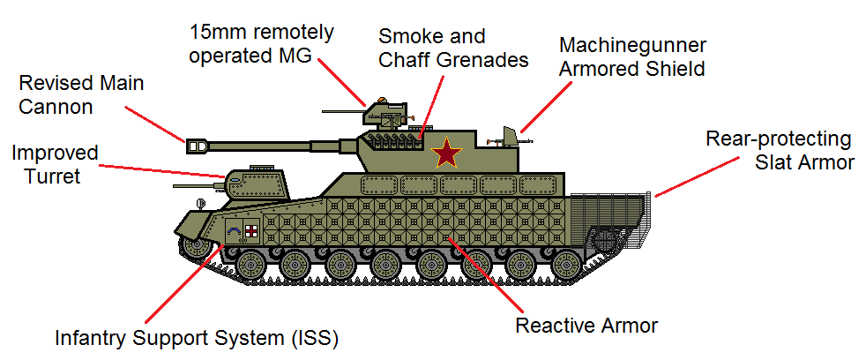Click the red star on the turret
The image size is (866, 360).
point(447,153)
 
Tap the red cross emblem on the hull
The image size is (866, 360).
point(251,231)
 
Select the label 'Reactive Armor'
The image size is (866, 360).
point(586,325)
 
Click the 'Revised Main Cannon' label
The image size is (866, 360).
point(80,95)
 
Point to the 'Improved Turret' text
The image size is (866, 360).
point(55,164)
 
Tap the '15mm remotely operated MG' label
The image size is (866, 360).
point(262,44)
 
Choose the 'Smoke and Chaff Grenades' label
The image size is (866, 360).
point(453,49)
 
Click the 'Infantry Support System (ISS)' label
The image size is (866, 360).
point(197,337)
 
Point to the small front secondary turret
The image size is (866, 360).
point(257,183)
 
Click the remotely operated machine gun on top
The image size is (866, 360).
point(384,111)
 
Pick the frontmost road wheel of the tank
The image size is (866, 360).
point(251,262)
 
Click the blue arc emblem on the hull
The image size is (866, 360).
point(235,232)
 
